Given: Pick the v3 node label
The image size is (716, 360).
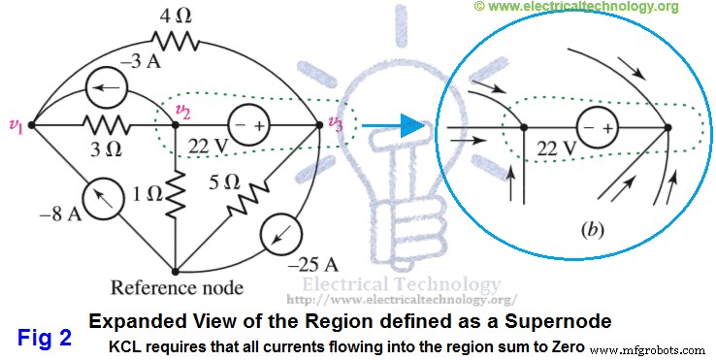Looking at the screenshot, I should (x=336, y=123).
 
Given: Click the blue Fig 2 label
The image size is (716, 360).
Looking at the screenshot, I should (x=46, y=337).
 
